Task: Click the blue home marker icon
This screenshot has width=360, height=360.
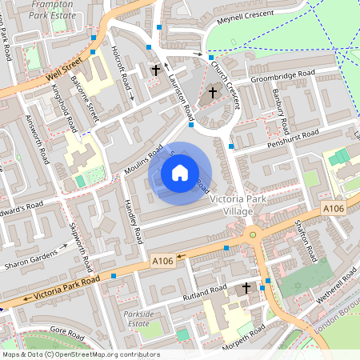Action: tap(180, 173)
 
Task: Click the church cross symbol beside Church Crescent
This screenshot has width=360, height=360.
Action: tap(213, 93)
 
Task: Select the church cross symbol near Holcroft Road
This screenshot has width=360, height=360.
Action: tap(155, 70)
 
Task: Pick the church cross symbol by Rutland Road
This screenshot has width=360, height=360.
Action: tap(246, 287)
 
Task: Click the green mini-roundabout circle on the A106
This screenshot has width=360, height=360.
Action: tap(253, 234)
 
